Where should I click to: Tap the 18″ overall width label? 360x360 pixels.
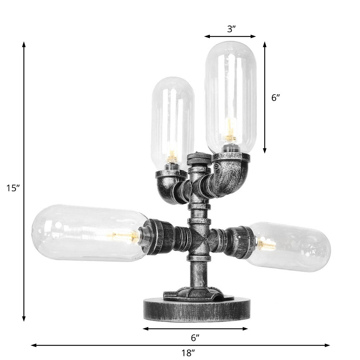click(x=188, y=353)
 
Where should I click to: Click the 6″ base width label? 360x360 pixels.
click(x=195, y=338)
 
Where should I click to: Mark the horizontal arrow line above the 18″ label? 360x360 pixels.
click(x=108, y=345)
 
